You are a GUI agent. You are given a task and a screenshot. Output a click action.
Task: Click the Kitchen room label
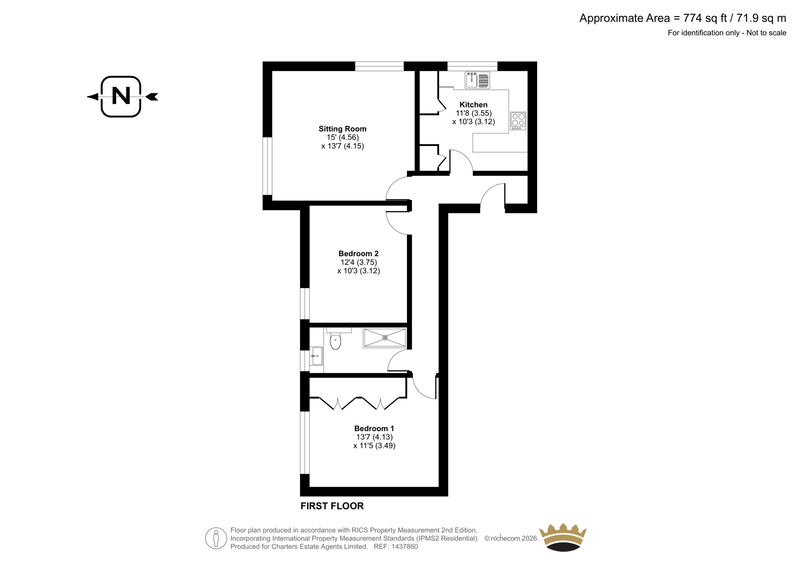(x=473, y=104)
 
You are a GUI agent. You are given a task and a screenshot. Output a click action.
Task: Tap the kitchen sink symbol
(x=477, y=80)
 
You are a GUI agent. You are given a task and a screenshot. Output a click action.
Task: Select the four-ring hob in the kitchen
(x=518, y=120)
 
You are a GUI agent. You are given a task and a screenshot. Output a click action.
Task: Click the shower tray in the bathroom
(x=384, y=338)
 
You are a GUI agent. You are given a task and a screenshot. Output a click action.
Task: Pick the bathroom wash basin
(x=316, y=356)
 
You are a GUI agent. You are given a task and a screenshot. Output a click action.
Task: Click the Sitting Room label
(x=342, y=128)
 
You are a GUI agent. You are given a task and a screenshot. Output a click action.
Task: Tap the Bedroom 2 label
(x=358, y=253)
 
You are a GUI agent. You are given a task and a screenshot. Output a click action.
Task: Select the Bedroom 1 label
(x=374, y=428)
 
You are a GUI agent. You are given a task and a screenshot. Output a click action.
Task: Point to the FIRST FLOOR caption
(x=332, y=506)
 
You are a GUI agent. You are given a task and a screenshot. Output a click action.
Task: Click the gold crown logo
(x=563, y=538)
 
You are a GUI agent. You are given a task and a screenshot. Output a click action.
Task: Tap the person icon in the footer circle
(x=215, y=538)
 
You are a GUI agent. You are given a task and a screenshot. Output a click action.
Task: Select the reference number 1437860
(x=404, y=547)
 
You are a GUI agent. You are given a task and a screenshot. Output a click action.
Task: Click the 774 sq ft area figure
(x=705, y=18)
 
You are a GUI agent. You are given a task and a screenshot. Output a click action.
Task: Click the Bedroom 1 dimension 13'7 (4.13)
(x=374, y=437)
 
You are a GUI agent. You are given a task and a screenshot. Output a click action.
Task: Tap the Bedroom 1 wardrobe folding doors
(x=358, y=403)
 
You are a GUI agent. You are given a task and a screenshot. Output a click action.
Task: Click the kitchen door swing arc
(x=464, y=156)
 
